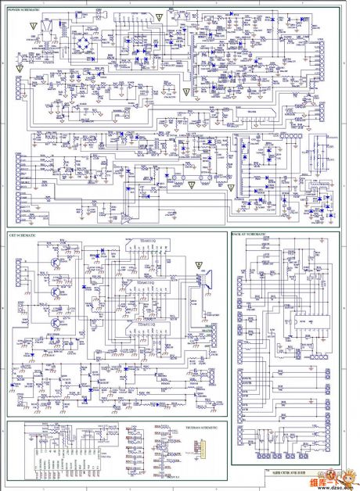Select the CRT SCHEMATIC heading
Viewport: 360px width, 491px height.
pos(21,234)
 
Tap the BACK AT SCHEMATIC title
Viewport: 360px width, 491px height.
pos(250,235)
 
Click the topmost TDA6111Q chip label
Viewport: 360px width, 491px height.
pos(146,241)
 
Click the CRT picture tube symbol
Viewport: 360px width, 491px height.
pos(207,281)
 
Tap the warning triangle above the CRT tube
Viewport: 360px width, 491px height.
pos(198,264)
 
